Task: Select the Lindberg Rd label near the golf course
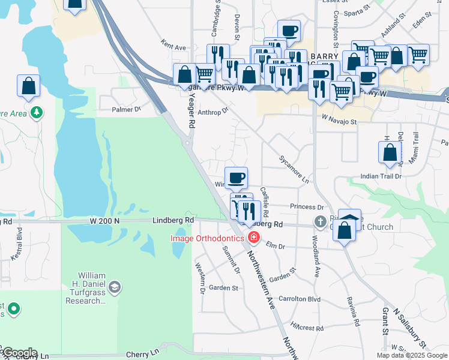tap(173, 220)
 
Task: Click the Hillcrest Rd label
tap(307, 328)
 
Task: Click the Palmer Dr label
tap(125, 109)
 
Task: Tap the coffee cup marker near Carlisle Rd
tap(236, 177)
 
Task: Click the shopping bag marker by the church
tap(345, 231)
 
